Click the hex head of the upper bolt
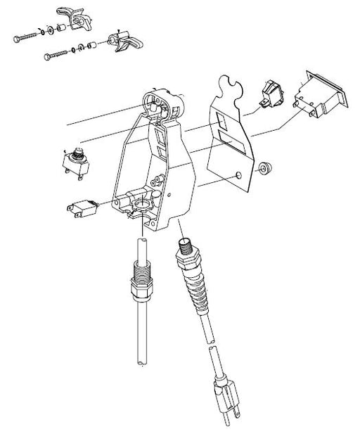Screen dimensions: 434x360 [x=15, y=39]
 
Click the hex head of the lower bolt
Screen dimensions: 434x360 [x=48, y=56]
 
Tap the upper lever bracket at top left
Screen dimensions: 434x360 [x=77, y=16]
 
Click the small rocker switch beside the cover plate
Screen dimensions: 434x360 [x=271, y=94]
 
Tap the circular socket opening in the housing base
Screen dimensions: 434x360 [x=143, y=205]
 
